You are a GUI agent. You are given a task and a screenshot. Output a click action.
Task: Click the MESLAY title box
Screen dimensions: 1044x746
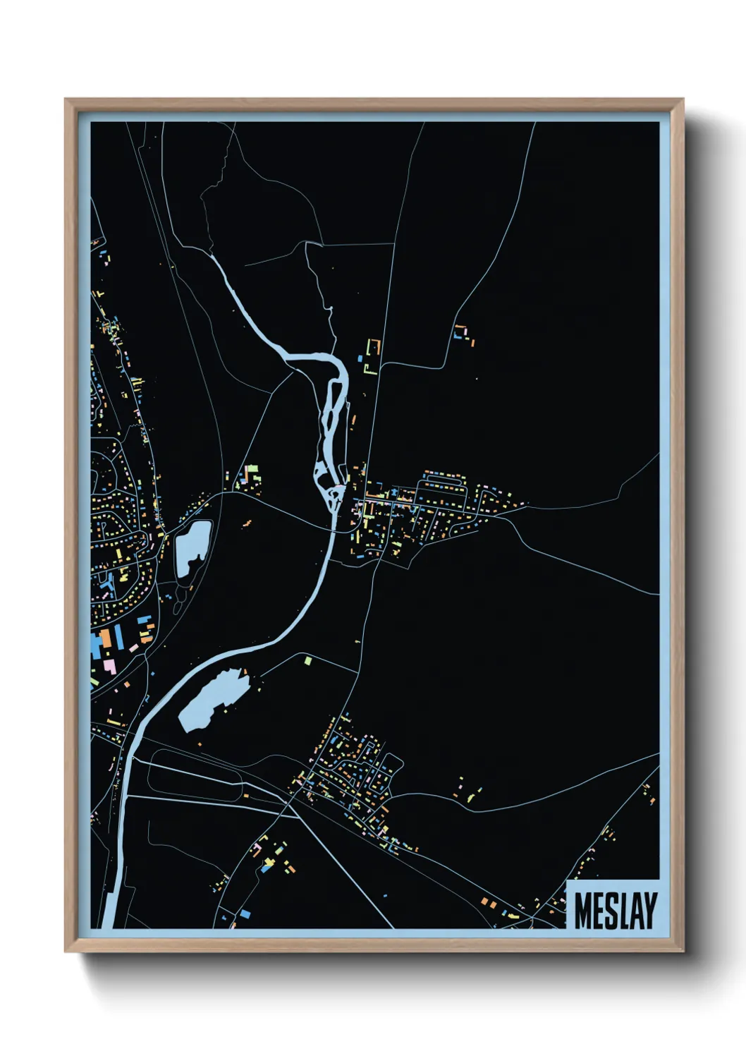click(613, 905)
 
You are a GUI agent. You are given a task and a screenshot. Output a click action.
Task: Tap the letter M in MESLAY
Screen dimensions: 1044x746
click(583, 911)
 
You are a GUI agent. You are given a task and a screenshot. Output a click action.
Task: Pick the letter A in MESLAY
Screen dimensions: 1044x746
click(637, 911)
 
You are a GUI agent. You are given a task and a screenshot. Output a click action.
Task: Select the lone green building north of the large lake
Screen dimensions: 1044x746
click(308, 661)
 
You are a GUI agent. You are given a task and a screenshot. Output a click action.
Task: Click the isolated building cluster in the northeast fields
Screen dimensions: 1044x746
click(463, 334)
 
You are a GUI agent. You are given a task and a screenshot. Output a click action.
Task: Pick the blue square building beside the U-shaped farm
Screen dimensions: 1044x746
click(360, 358)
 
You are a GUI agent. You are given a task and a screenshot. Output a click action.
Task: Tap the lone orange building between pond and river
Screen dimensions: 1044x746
click(247, 523)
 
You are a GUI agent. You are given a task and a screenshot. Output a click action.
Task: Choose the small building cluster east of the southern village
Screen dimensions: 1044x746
click(469, 795)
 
